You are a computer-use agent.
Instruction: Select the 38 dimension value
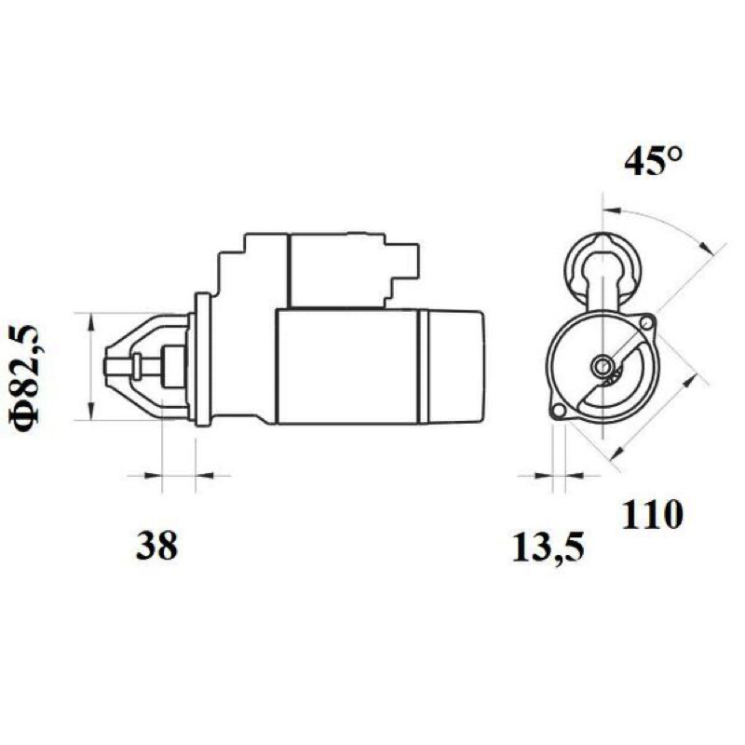coord(156,546)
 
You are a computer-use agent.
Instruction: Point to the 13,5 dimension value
coord(549,548)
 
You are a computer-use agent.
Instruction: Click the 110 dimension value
coord(653,515)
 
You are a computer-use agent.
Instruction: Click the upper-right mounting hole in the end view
coord(645,323)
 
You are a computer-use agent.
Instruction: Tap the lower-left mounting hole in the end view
coord(560,412)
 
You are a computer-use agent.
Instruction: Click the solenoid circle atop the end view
coord(603,268)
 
